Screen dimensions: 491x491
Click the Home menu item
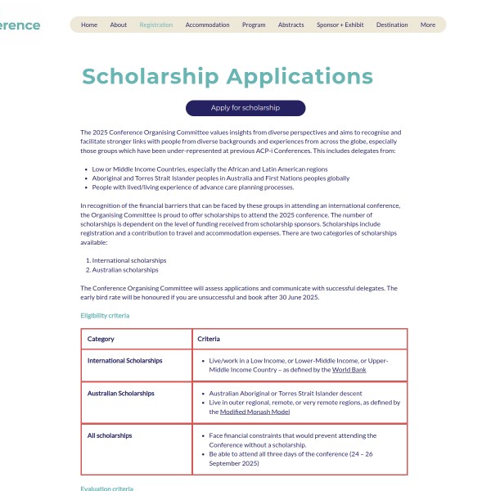(x=89, y=25)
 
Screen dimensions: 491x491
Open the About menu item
(x=119, y=25)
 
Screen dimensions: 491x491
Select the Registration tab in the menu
(x=156, y=25)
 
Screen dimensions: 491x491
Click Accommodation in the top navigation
(x=207, y=25)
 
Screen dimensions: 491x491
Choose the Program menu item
(x=254, y=25)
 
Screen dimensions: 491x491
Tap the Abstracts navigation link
(x=291, y=25)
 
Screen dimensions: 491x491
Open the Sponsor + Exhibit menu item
(x=340, y=25)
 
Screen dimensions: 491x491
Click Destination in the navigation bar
(x=392, y=25)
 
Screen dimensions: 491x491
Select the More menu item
(x=428, y=25)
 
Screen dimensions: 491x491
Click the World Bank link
(x=349, y=370)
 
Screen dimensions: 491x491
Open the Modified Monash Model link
(x=255, y=412)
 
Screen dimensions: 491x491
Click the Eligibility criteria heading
(x=105, y=315)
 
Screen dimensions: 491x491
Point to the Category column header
(x=101, y=339)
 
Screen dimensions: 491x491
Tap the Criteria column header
(x=209, y=339)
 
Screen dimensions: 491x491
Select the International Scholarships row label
(x=124, y=360)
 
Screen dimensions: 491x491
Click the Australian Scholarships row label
(x=121, y=394)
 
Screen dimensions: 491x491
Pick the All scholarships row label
(x=110, y=435)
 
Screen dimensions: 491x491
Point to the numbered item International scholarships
(x=128, y=260)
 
